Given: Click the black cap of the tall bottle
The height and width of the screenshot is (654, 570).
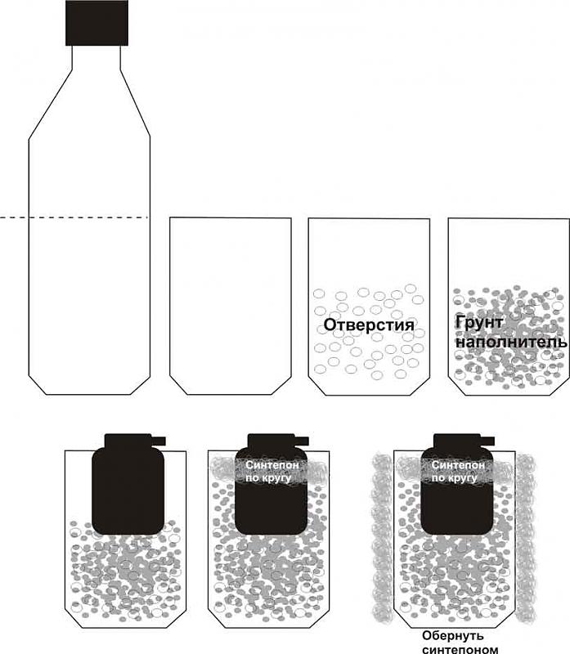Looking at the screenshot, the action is [96, 23].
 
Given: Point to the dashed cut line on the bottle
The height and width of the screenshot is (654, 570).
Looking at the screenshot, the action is [74, 217].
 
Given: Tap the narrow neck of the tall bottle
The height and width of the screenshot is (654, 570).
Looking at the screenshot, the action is [96, 57].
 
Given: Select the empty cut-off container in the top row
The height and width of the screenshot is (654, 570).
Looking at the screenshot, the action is [231, 306].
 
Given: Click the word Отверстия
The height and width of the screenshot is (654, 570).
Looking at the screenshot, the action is [369, 325].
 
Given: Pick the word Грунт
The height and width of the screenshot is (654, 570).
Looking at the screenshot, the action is [479, 323].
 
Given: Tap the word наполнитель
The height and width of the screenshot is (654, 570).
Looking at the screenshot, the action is [511, 342].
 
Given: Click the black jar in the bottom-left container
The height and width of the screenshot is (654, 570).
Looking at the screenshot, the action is [128, 484].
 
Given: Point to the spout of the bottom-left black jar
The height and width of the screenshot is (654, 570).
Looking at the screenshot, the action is [158, 441].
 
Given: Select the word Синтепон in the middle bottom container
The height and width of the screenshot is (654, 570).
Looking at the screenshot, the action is [272, 464].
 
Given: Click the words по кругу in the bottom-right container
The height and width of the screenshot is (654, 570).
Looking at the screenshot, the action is [454, 477].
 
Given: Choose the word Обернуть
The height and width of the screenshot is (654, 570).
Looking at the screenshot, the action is [453, 636].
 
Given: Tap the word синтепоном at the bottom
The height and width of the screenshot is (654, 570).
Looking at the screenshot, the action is [460, 648].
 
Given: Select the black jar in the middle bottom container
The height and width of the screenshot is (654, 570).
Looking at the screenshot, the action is [272, 484].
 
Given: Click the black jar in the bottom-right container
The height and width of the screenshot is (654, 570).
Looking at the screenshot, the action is [457, 484].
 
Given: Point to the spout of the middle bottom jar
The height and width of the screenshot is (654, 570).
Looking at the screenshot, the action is [301, 441].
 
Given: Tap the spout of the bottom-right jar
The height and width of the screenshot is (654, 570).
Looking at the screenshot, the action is [487, 441].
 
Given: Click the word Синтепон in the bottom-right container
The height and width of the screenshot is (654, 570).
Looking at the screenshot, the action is [458, 464].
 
